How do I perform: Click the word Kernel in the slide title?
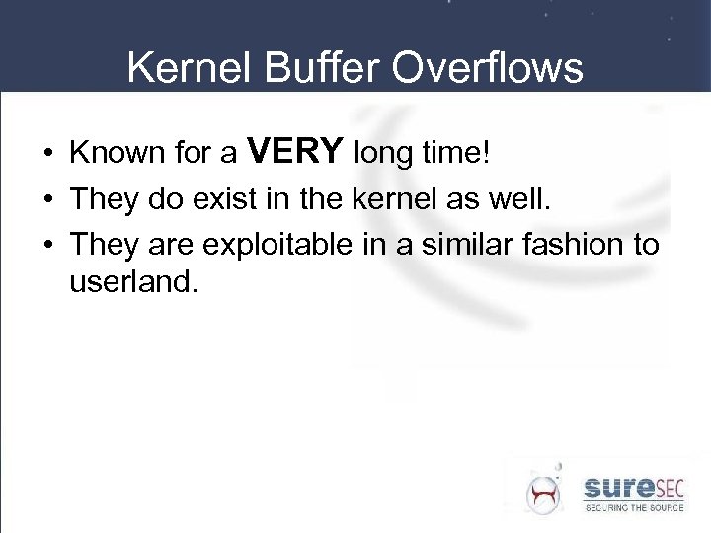coord(182,69)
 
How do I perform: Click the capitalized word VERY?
coord(295,152)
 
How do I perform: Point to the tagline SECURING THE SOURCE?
coord(632,507)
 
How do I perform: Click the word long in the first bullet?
coord(384,154)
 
